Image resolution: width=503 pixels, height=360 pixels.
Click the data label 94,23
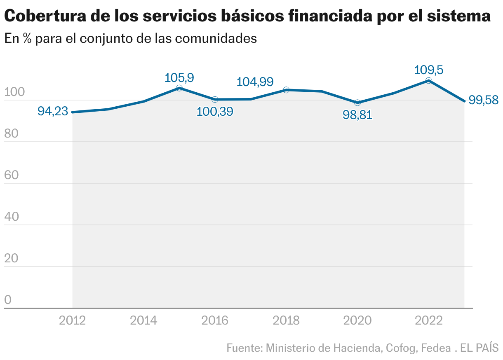pyautogui.click(x=53, y=111)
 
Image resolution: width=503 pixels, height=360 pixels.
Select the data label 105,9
pyautogui.click(x=179, y=77)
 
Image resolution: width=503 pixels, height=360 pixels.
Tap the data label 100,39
pyautogui.click(x=215, y=112)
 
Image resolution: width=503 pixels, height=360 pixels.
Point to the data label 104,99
pyautogui.click(x=255, y=82)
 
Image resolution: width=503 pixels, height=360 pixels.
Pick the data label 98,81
pyautogui.click(x=357, y=115)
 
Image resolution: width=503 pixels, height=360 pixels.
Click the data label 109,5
pyautogui.click(x=429, y=70)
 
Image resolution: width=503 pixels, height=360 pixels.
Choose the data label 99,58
pyautogui.click(x=484, y=100)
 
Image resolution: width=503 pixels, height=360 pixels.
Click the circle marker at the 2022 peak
pyautogui.click(x=429, y=81)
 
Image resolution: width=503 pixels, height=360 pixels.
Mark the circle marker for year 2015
pyautogui.click(x=179, y=88)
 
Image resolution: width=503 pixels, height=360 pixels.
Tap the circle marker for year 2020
pyautogui.click(x=357, y=103)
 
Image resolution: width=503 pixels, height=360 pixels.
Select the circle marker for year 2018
pyautogui.click(x=286, y=90)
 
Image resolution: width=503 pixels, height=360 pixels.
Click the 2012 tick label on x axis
pyautogui.click(x=73, y=320)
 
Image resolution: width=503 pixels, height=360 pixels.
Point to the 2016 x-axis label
pyautogui.click(x=215, y=320)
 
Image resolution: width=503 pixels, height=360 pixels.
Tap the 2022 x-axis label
pyautogui.click(x=429, y=320)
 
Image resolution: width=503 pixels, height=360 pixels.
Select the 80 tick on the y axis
pyautogui.click(x=12, y=134)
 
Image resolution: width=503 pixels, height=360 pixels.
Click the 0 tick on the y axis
pyautogui.click(x=8, y=300)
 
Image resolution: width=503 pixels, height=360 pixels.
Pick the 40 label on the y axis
pyautogui.click(x=12, y=217)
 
